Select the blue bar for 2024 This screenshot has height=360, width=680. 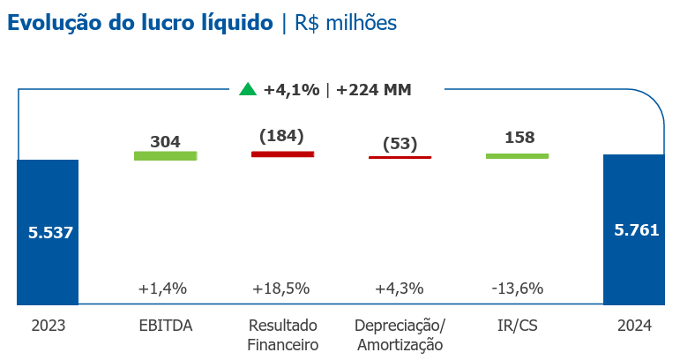[x=633, y=265]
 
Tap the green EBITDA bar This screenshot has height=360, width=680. [x=165, y=155]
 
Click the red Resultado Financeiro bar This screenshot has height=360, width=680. [x=282, y=154]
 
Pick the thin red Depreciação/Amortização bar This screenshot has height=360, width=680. [x=400, y=157]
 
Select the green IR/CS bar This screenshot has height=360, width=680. [x=517, y=155]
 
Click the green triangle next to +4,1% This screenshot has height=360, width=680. [x=248, y=88]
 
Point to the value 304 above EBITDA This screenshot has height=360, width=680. [x=165, y=141]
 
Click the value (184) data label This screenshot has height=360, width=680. [x=282, y=136]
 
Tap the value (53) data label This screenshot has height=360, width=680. [x=400, y=144]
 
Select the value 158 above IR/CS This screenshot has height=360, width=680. [x=517, y=138]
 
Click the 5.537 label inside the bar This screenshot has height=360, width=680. [x=49, y=233]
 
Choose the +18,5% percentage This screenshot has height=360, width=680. [x=281, y=289]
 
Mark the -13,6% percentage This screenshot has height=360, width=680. [x=517, y=289]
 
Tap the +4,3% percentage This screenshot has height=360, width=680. [x=400, y=289]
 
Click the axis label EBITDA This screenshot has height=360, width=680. [x=165, y=326]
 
